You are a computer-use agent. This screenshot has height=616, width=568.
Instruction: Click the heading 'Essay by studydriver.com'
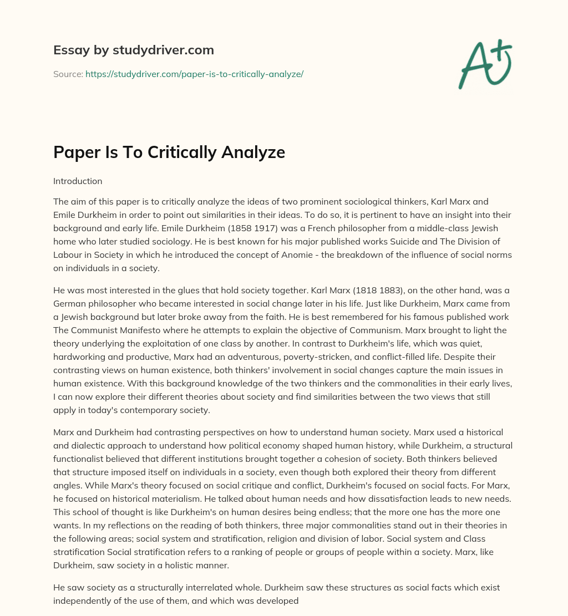133,50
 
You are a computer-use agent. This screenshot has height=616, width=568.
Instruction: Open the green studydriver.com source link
194,74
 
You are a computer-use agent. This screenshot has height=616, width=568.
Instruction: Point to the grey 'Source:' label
68,74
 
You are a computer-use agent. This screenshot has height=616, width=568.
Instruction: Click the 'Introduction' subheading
78,181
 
